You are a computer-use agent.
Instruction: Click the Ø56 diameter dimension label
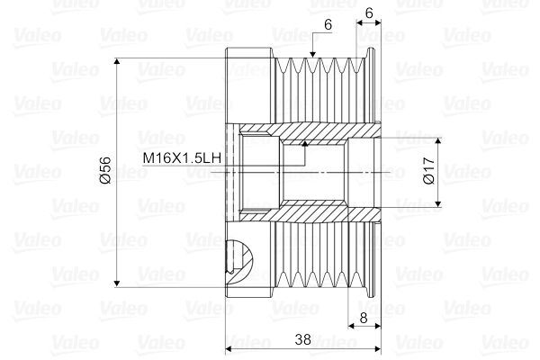click(x=106, y=170)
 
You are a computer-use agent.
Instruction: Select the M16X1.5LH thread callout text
click(x=182, y=158)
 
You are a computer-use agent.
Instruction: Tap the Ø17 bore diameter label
click(x=429, y=171)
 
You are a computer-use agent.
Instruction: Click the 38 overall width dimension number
click(x=302, y=339)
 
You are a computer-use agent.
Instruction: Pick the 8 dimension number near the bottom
click(x=364, y=318)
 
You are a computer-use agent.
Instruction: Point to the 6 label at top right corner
click(x=369, y=13)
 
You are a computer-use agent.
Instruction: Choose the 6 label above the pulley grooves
click(x=328, y=24)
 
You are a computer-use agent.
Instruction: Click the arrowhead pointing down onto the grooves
click(x=312, y=54)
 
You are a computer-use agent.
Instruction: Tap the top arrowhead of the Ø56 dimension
click(x=117, y=62)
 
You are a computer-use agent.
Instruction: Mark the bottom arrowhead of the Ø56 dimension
click(x=117, y=283)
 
